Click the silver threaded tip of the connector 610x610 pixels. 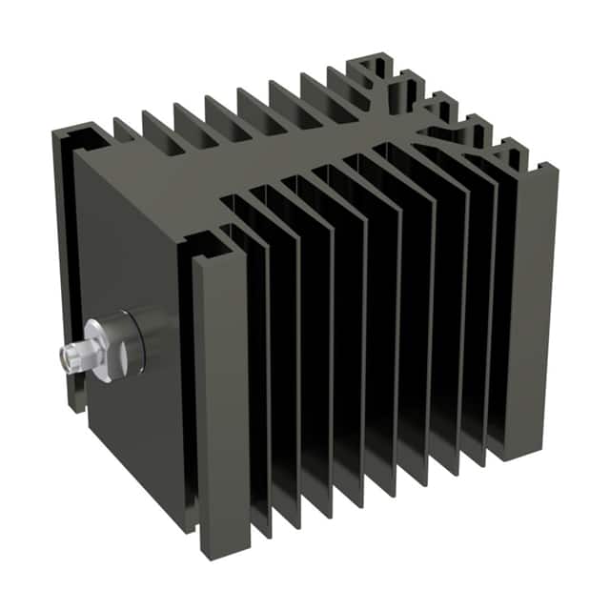70,358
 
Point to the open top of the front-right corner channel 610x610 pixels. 204,246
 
